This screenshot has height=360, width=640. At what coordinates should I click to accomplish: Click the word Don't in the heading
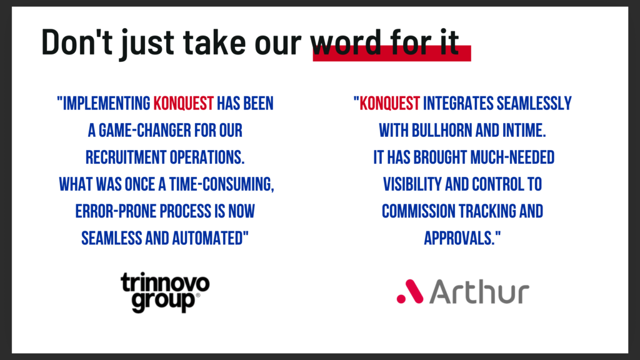click(77, 42)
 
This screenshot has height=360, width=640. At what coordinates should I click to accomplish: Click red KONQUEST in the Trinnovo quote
click(183, 104)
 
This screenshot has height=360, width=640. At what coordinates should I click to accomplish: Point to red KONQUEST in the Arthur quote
click(389, 104)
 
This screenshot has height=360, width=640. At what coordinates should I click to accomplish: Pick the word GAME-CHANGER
click(145, 131)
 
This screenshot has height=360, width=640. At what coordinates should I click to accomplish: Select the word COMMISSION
click(418, 211)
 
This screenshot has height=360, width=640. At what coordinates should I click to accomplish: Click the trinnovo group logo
click(165, 292)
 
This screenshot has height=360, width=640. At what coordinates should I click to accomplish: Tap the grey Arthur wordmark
click(479, 292)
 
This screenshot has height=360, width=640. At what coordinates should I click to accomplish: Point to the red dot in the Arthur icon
click(401, 299)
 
